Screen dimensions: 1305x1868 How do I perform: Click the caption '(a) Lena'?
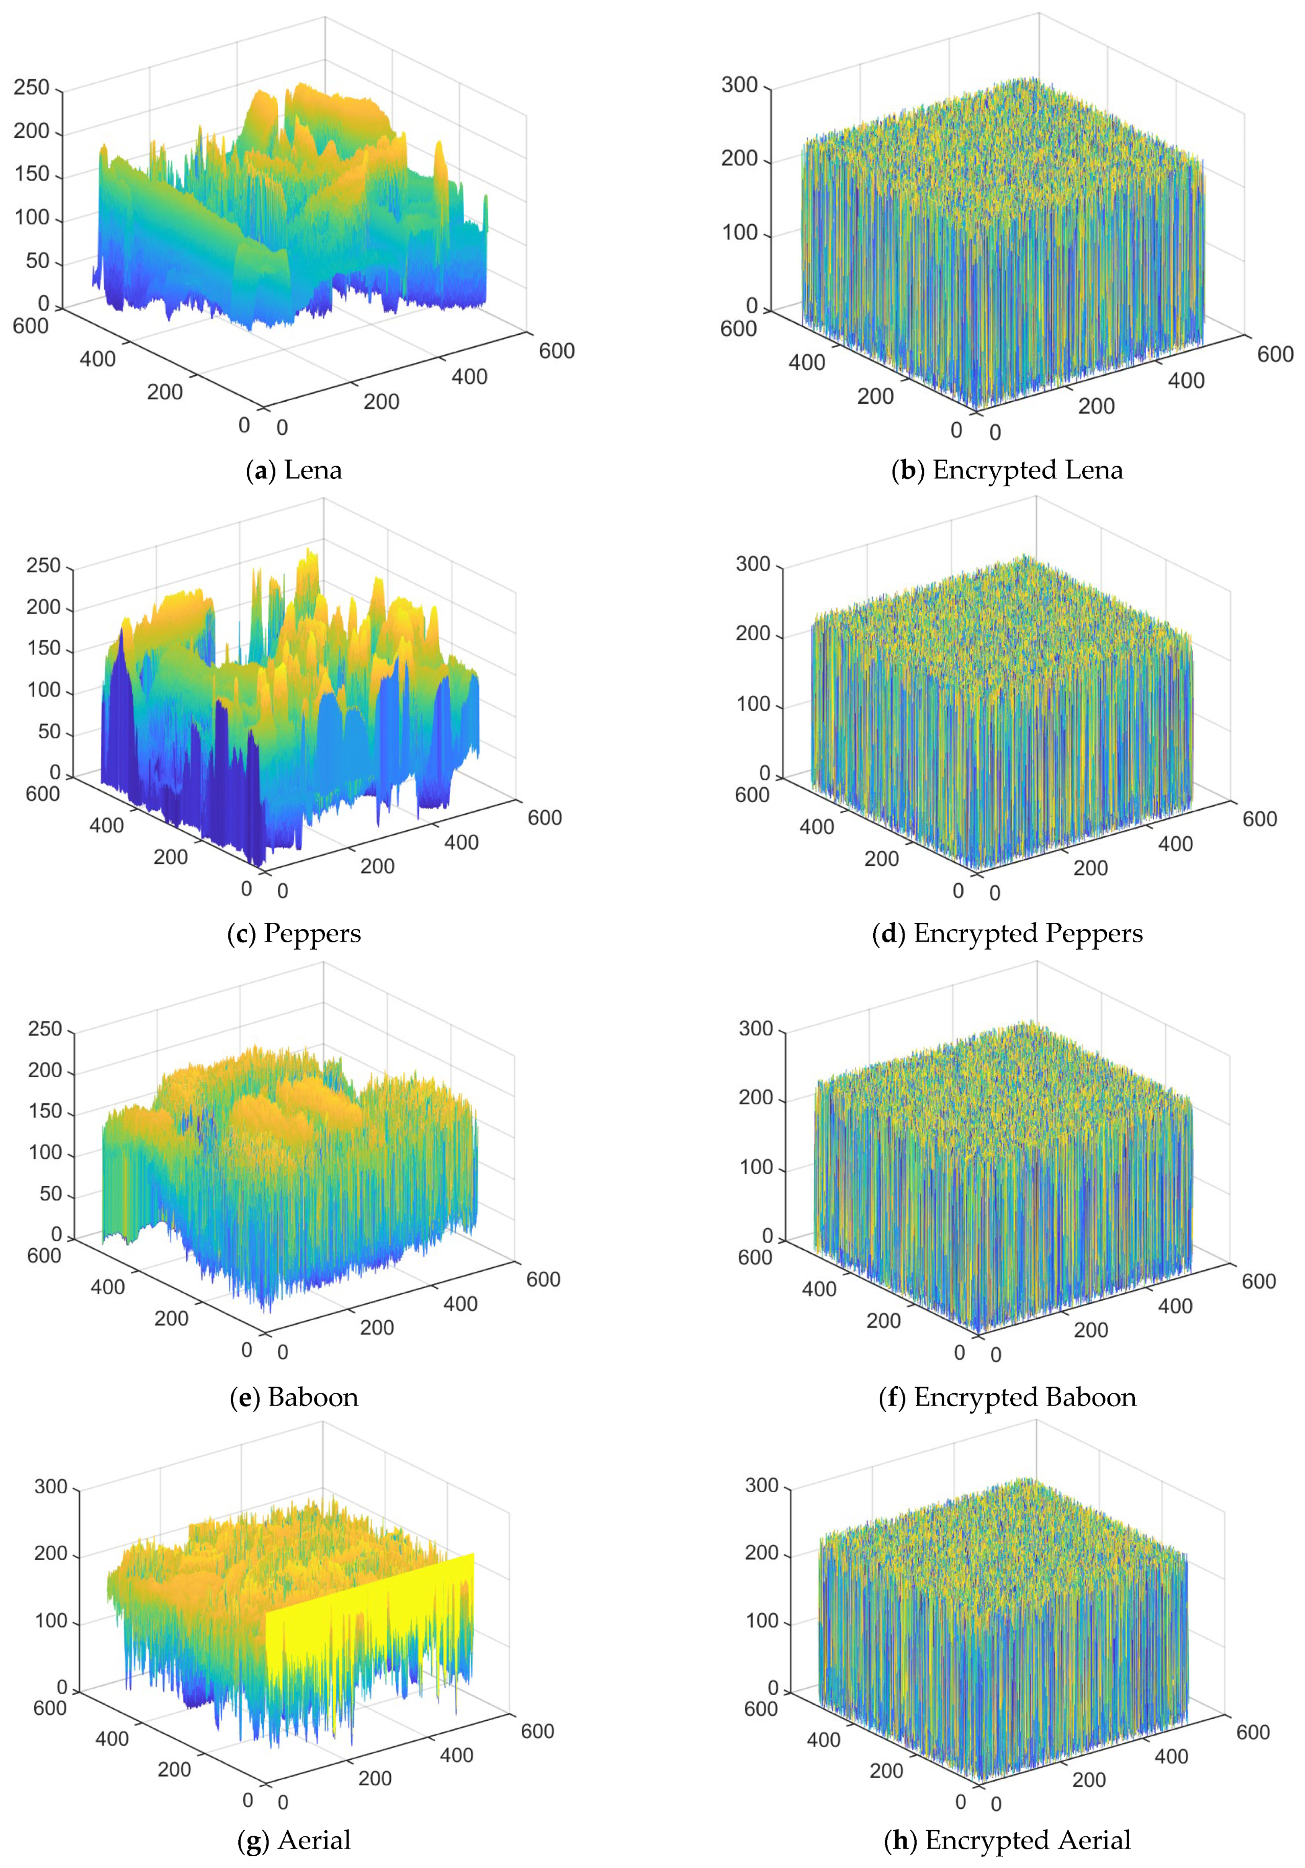click(294, 470)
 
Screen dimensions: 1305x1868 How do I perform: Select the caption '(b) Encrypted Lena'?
click(1007, 470)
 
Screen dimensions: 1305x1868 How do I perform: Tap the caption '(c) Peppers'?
click(294, 933)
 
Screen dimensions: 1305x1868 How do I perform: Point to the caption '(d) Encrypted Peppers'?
click(1007, 933)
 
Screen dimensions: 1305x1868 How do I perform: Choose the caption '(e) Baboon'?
click(294, 1397)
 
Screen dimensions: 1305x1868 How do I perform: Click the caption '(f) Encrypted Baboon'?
click(1007, 1397)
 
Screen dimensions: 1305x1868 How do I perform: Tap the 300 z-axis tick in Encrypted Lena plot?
click(739, 85)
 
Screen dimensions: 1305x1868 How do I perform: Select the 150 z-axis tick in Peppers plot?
click(44, 648)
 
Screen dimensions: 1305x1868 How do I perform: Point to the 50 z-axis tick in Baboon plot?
click(51, 1194)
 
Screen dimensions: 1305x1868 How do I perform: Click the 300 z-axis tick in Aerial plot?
click(51, 1487)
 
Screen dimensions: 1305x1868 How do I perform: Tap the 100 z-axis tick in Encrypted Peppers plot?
click(753, 703)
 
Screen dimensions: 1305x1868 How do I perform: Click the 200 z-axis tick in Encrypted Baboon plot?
click(756, 1098)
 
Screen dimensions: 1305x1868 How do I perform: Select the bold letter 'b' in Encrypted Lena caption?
click(907, 470)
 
